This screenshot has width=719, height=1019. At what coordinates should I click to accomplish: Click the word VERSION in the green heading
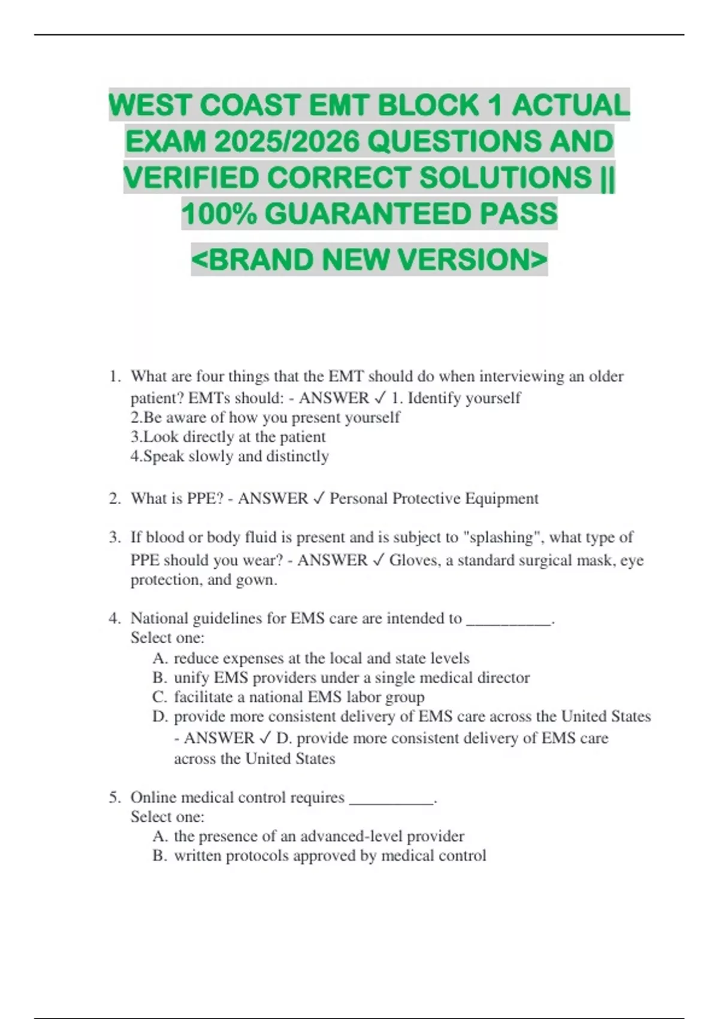tap(472, 260)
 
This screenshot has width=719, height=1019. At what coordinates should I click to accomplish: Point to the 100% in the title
tap(219, 214)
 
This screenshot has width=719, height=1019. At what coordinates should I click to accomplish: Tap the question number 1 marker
tap(114, 376)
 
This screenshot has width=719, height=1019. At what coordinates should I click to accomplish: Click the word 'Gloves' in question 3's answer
tap(413, 560)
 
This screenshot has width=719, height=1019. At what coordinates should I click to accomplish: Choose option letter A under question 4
tap(159, 658)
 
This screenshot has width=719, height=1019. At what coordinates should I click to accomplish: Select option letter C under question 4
tap(159, 697)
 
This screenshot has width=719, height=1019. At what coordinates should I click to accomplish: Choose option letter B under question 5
tap(159, 855)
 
